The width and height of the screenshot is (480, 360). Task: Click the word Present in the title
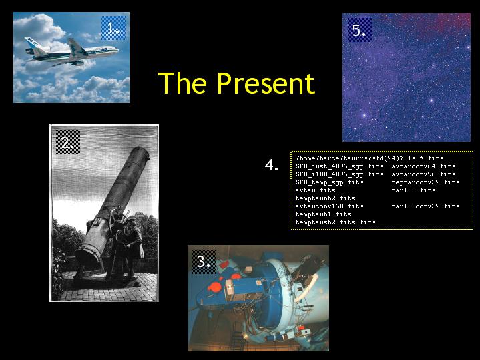coord(266,83)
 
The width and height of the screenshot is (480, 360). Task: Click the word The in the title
coord(182,83)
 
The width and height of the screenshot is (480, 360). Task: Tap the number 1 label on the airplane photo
coord(113,28)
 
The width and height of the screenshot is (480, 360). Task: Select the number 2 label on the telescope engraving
coord(67,142)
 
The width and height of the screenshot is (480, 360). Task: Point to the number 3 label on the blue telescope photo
coord(204,262)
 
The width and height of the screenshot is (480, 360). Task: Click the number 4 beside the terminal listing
coord(272,165)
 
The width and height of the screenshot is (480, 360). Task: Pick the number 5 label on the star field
coord(358,30)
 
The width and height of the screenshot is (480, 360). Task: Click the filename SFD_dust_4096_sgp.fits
coord(340,166)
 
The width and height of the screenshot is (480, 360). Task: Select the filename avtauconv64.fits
coord(423,166)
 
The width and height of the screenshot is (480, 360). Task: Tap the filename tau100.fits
coord(413,190)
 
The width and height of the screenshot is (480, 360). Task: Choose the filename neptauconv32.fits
coord(425,182)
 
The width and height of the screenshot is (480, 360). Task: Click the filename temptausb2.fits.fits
coord(336,222)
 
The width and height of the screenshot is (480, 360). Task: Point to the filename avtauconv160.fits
coord(329,206)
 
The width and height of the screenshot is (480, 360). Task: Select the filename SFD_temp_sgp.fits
coord(329,182)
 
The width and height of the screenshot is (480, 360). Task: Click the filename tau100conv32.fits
coord(425,206)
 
